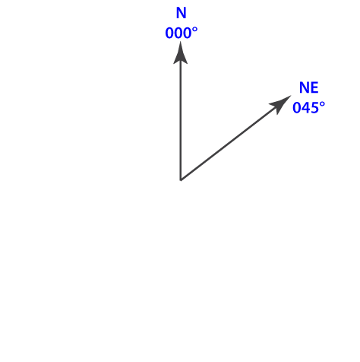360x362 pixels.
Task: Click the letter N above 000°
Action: (x=181, y=13)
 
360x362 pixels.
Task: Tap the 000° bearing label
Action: (x=182, y=33)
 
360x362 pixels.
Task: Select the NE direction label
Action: (x=308, y=87)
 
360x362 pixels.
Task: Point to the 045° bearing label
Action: (x=308, y=107)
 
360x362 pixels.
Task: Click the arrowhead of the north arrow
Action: (x=180, y=52)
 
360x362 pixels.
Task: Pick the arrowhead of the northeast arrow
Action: (x=280, y=104)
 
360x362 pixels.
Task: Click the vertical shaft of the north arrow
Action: (x=181, y=120)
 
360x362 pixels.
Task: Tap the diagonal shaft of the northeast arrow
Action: (x=229, y=143)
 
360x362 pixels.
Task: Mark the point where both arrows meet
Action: (x=181, y=180)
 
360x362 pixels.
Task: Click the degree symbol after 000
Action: (x=195, y=30)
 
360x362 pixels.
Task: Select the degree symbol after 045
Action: (x=322, y=104)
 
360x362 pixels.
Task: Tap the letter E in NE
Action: (x=314, y=87)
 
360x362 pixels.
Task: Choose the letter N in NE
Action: (x=305, y=87)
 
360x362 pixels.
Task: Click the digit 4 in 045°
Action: (x=306, y=108)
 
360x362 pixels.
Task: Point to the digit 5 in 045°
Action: (x=315, y=108)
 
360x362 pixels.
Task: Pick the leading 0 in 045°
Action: (x=297, y=108)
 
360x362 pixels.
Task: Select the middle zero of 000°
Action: (x=178, y=33)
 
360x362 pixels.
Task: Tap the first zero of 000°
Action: (x=169, y=33)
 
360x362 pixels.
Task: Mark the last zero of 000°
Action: (x=188, y=33)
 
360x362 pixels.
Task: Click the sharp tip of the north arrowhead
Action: (x=180, y=42)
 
